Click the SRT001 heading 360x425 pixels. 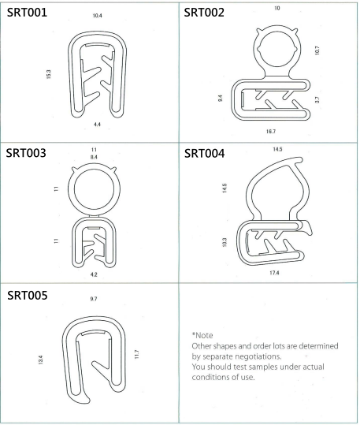click(27, 13)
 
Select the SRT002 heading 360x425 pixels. click(204, 13)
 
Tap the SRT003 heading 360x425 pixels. click(26, 153)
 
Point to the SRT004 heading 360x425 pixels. click(205, 154)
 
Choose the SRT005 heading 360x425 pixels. click(28, 296)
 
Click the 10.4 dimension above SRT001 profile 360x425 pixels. click(97, 16)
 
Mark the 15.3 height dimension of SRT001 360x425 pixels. click(49, 74)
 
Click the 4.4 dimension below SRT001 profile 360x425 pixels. click(97, 125)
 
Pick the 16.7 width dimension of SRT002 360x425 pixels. click(271, 132)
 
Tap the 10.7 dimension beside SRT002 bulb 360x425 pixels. click(317, 50)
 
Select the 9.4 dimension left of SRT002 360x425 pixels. click(221, 98)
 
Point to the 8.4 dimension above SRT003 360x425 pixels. click(94, 157)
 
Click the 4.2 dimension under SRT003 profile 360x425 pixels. click(94, 274)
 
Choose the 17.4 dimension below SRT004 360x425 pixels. click(274, 273)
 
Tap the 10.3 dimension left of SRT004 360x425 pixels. click(224, 242)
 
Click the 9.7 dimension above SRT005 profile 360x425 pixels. click(94, 299)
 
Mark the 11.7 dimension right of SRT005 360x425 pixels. click(137, 355)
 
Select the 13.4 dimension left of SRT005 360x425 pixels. click(41, 360)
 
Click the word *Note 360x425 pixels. click(202, 335)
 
